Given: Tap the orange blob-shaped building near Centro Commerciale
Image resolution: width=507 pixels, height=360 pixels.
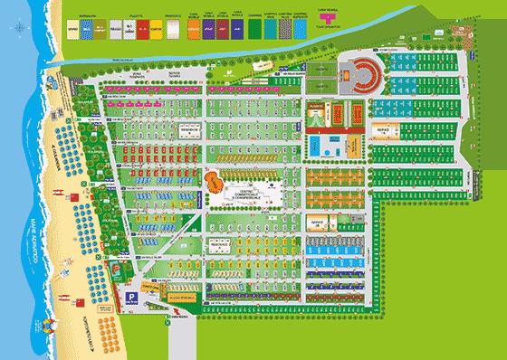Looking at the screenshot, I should coord(216,181).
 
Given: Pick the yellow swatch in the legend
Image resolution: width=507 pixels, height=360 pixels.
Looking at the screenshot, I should coord(156,28).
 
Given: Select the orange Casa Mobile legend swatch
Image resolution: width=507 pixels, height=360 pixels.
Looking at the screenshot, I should coord(192,28).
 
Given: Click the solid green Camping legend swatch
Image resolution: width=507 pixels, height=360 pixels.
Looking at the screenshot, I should coord(253,28).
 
